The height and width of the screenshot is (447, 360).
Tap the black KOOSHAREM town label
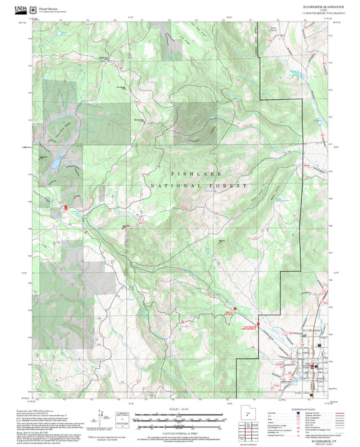point(310,330)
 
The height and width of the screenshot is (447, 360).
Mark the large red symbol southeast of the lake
point(66,208)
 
